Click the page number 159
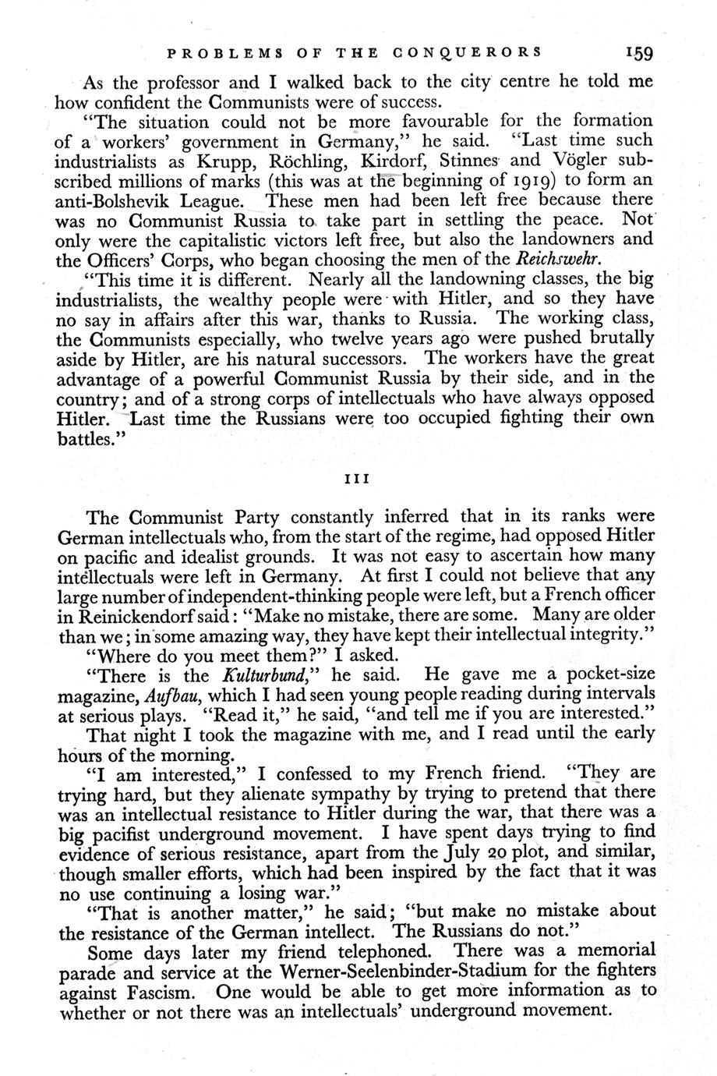pos(638,54)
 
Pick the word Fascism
pos(168,990)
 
